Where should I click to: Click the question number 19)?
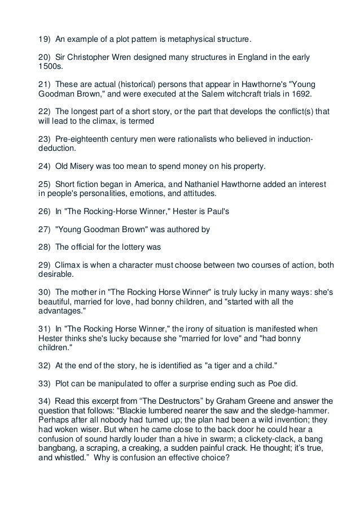click(x=43, y=41)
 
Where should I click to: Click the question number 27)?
click(x=43, y=231)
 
